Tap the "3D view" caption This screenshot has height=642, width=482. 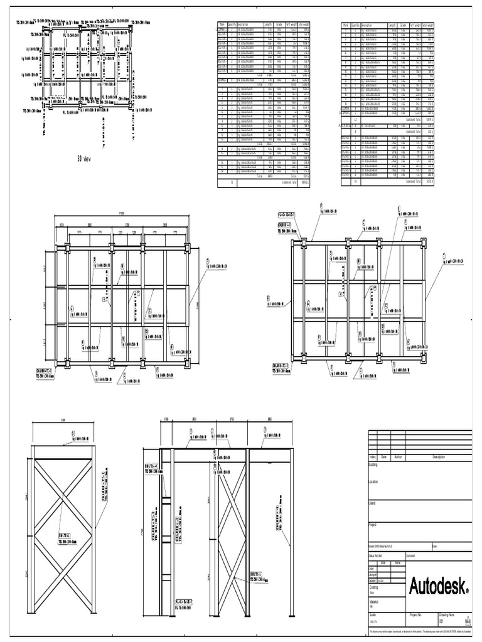coord(84,159)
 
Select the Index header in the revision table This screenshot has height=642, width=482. coord(372,457)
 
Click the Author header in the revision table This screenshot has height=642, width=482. coord(397,457)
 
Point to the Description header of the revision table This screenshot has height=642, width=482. coord(438,457)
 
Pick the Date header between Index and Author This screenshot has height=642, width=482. coord(383,457)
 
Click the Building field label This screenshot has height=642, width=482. coord(374,465)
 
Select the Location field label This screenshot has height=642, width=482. coord(375,481)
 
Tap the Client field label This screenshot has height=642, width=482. coord(373,503)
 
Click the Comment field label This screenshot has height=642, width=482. coord(411,555)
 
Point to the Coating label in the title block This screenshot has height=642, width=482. coord(374,587)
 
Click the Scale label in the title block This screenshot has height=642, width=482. coord(373,615)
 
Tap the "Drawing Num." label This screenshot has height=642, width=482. coord(447,615)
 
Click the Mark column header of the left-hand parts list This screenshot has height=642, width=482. coord(222,25)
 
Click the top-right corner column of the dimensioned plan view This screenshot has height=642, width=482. coord(186,247)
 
